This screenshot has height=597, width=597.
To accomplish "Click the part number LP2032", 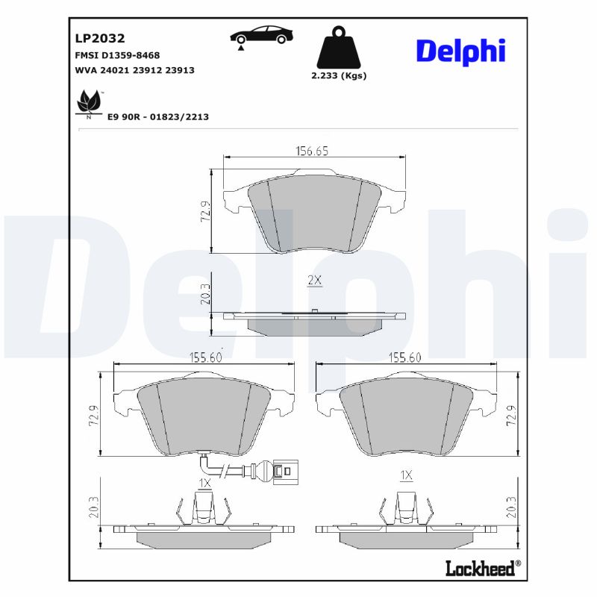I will (99, 38).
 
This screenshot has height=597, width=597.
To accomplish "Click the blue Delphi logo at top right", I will (460, 51).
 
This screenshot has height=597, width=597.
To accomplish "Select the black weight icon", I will (338, 48).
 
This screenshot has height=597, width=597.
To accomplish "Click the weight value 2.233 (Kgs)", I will (338, 75).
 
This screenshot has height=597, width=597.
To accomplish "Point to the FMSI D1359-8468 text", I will (117, 55).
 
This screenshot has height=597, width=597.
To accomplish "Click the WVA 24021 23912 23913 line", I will (134, 70).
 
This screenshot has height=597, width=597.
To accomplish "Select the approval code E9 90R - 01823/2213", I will (158, 117).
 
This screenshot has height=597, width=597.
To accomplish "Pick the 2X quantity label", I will (314, 280).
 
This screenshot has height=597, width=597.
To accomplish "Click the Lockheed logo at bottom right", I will (480, 569).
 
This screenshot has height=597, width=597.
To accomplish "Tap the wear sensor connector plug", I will (281, 471).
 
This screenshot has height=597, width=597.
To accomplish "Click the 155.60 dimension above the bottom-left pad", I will (204, 357).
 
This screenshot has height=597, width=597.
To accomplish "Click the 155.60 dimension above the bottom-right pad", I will (406, 357).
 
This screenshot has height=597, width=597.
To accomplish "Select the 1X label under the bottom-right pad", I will (407, 475).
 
